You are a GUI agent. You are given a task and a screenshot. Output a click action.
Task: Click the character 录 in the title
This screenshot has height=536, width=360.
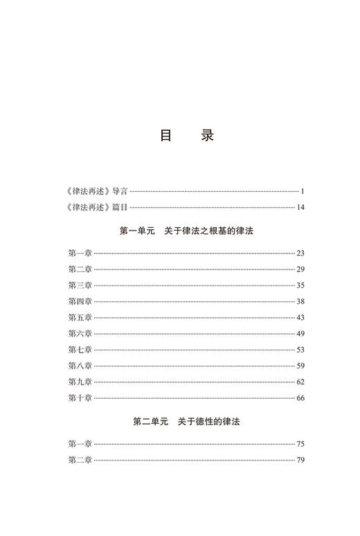click(207, 135)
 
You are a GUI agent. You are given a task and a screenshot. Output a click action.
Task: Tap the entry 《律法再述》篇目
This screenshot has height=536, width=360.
click(93, 206)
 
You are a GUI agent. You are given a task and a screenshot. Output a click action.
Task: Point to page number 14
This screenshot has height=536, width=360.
click(300, 206)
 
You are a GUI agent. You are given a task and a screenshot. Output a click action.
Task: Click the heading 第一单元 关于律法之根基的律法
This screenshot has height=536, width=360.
click(186, 230)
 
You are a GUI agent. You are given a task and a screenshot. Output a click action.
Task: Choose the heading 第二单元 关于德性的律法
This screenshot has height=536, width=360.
click(186, 420)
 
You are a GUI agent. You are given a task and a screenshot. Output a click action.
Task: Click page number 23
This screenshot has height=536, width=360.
click(300, 253)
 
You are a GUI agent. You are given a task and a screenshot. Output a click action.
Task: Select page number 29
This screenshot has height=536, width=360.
click(300, 269)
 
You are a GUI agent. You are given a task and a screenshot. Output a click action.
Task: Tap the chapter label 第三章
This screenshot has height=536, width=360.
click(80, 285)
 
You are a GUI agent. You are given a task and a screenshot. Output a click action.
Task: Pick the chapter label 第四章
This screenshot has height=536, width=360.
click(80, 301)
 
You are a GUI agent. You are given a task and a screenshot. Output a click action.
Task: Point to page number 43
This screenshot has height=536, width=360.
click(300, 317)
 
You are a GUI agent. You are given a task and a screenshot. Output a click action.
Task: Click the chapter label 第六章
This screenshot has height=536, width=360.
click(80, 333)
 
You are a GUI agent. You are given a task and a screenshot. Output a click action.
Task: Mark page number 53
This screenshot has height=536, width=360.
click(300, 350)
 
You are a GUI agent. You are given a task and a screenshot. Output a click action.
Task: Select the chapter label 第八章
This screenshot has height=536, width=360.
click(80, 366)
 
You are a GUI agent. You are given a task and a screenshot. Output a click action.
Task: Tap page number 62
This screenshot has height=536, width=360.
click(300, 382)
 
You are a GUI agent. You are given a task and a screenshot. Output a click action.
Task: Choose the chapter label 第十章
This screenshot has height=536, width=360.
click(80, 397)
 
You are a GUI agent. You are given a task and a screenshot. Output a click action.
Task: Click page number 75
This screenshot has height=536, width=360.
click(300, 444)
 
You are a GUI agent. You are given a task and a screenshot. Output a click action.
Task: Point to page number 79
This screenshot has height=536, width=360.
click(300, 460)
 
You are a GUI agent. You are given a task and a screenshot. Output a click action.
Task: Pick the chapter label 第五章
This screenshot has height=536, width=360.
click(80, 317)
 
